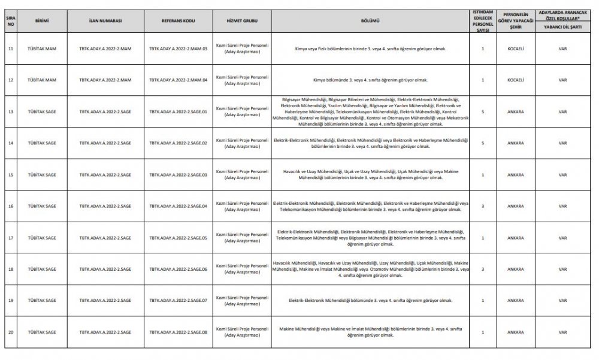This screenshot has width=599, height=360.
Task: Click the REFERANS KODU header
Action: tap(178, 20)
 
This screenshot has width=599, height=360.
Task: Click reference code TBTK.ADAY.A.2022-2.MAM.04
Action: tap(178, 80)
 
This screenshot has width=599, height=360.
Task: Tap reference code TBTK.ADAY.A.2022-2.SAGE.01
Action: tap(178, 111)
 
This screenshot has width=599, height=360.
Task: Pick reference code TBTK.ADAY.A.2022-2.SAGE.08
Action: tap(178, 331)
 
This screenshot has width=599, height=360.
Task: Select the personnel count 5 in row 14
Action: tap(482, 143)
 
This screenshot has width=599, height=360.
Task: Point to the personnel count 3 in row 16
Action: tap(482, 206)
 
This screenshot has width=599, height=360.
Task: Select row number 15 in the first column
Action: tap(10, 174)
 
